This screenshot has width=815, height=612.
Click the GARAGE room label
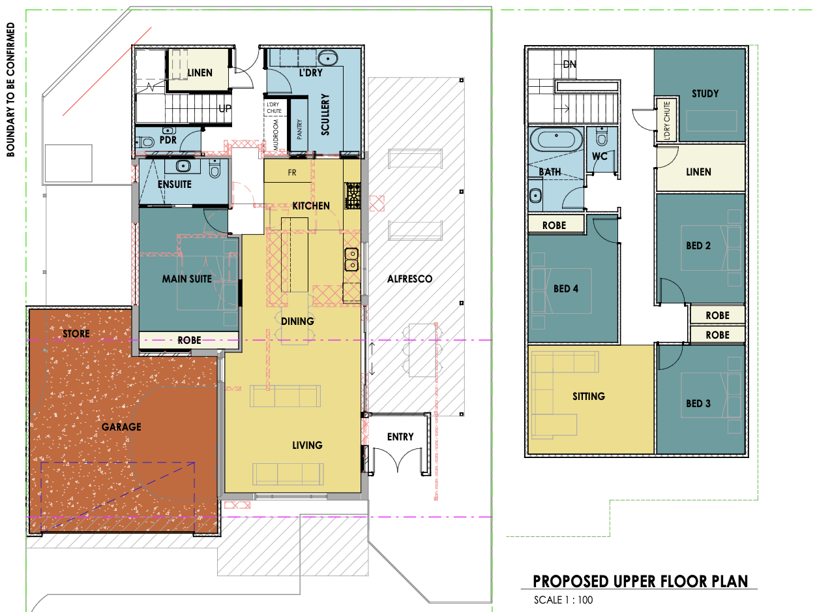coord(121,427)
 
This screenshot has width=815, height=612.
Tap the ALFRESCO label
coord(409,279)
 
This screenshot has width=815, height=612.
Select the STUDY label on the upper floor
coord(705,94)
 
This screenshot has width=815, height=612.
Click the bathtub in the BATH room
coord(556,140)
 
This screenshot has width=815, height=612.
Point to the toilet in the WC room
coord(602,138)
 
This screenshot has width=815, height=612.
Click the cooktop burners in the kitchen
coord(353,196)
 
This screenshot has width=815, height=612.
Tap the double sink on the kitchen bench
coord(351,260)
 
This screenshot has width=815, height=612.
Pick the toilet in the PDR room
coord(145,142)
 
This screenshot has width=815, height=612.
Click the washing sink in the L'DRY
coord(327,58)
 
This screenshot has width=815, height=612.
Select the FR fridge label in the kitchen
coord(292,173)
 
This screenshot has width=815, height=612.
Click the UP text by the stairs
coord(225,108)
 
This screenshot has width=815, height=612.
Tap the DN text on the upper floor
coord(570,65)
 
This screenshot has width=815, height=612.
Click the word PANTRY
coord(299,129)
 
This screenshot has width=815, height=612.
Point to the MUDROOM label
coord(276,134)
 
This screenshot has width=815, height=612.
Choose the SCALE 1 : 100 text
coord(563,600)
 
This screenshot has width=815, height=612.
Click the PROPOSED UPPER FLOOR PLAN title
coord(640,582)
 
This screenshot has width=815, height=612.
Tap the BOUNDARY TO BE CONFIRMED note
coord(11,89)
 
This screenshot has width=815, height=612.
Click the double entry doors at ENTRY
coord(397,460)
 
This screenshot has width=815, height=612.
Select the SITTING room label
coord(589,397)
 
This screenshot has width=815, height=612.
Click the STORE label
coord(76,333)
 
